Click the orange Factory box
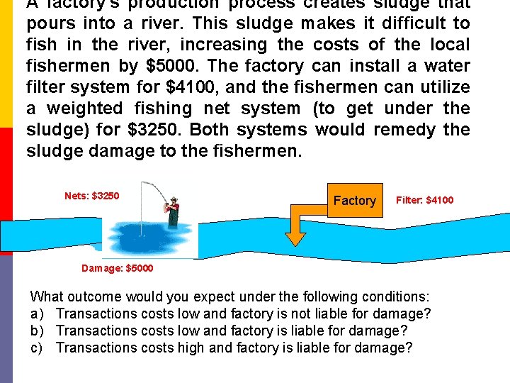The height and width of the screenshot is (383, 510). click(354, 201)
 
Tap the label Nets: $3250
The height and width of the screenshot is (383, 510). click(91, 196)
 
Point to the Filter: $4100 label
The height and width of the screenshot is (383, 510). click(424, 201)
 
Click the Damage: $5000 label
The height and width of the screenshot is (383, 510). click(117, 269)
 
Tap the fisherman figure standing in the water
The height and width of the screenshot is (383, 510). click(172, 211)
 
